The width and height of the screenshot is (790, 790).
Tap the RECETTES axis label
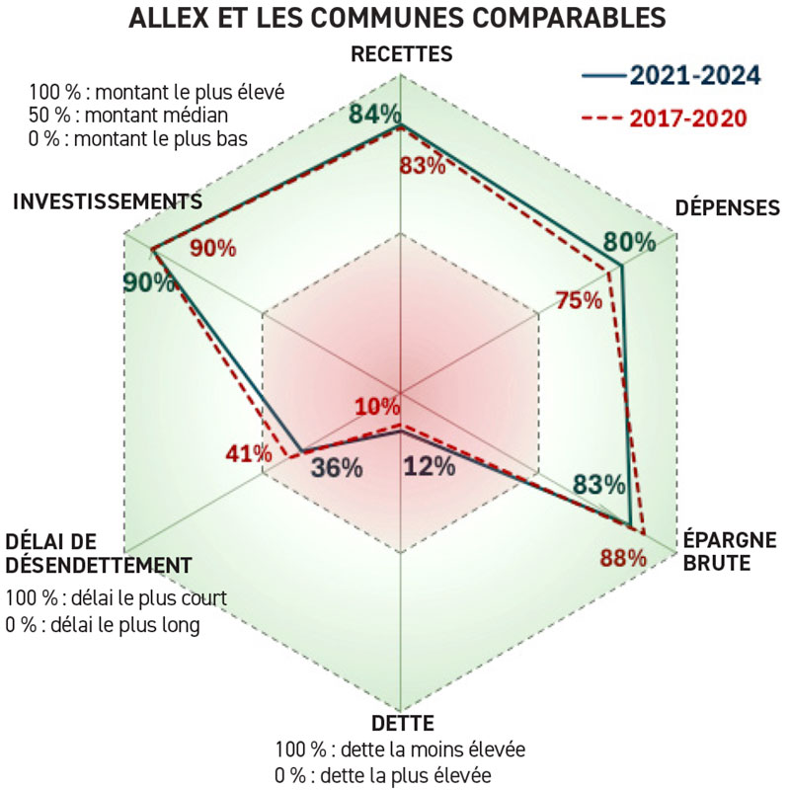pyautogui.click(x=401, y=54)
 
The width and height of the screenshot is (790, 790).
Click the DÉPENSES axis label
pyautogui.click(x=728, y=207)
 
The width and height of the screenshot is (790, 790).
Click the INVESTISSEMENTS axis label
pyautogui.click(x=108, y=200)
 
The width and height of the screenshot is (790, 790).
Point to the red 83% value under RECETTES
pyautogui.click(x=422, y=166)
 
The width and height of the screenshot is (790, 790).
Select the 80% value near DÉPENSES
pyautogui.click(x=629, y=242)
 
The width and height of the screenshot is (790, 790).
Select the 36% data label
pyautogui.click(x=336, y=469)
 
